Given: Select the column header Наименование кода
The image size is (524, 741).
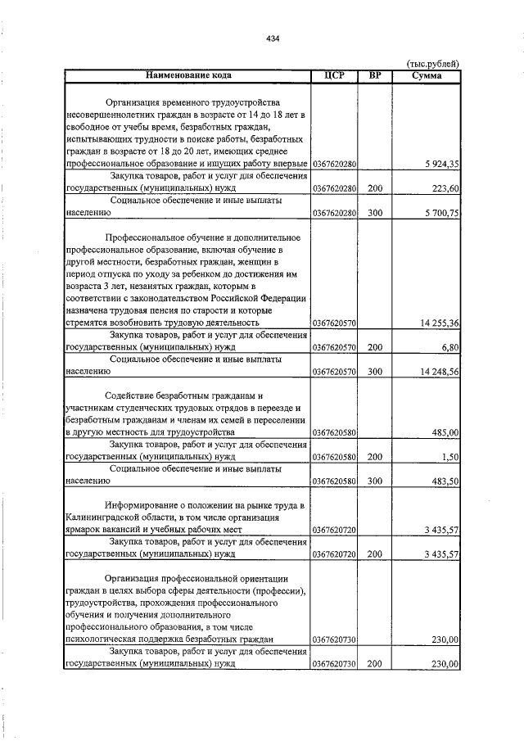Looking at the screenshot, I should [187, 75].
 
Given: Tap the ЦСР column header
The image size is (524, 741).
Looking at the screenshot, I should [333, 75].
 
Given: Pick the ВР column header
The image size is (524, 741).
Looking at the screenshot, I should [375, 75].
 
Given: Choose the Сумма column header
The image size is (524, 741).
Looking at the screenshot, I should [427, 75].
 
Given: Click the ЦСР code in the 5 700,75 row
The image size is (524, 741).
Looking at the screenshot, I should [333, 212].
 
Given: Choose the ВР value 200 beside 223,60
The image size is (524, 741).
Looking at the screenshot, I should [375, 188].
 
